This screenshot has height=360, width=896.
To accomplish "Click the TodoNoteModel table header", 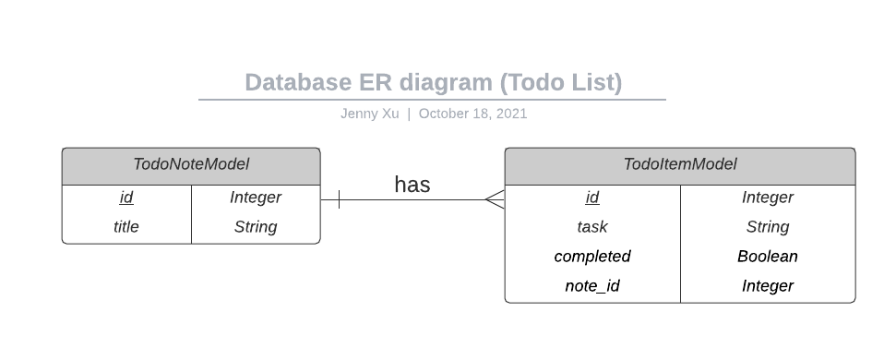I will [191, 165].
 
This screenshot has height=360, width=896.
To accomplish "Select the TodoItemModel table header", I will [680, 165].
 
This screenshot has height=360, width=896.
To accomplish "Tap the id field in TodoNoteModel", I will [126, 198].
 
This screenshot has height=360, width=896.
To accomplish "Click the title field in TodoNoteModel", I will [126, 227].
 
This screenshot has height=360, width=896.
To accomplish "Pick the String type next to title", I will [256, 227].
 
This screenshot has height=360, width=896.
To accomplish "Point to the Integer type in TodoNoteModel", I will [256, 198].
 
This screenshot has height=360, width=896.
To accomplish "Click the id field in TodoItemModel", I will [592, 198].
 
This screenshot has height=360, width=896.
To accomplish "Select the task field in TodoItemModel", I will [592, 227].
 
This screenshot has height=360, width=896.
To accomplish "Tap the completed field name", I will [592, 257].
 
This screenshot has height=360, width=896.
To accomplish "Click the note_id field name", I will [592, 286].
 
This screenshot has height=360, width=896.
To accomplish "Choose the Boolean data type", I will [768, 257].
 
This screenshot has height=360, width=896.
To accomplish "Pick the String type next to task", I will [768, 227].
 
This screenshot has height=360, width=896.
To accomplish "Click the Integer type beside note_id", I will [768, 286].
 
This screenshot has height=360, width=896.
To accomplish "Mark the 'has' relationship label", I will [412, 185].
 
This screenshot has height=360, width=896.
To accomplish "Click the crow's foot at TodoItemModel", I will [495, 199].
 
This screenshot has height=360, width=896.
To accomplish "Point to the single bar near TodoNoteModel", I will [340, 199].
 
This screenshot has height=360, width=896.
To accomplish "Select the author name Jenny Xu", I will [369, 114].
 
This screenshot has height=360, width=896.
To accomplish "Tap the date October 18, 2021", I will [472, 114].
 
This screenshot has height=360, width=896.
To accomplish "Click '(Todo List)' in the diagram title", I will [561, 83].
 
